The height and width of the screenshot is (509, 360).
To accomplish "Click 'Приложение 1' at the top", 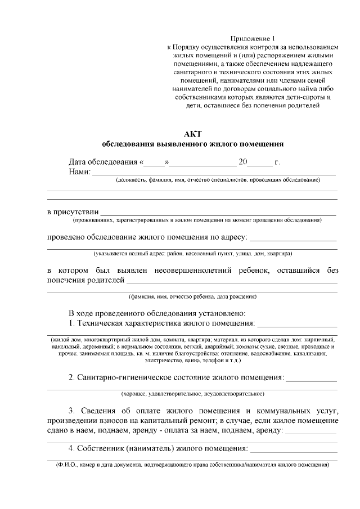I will tap(247, 38).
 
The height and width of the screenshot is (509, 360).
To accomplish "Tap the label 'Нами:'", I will tap(79, 172).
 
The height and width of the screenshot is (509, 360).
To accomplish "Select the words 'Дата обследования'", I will tap(103, 162).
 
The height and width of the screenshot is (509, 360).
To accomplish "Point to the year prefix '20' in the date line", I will tap(243, 162).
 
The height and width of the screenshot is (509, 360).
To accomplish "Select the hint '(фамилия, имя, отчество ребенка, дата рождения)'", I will tap(192, 296).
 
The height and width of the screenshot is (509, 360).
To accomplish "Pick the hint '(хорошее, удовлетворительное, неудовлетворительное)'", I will tap(192, 394).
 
